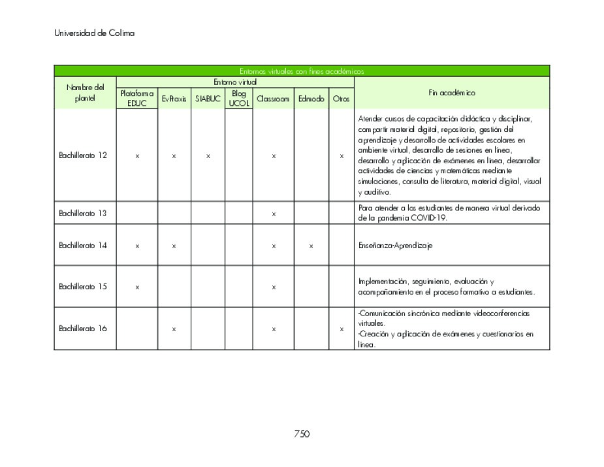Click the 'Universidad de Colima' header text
click(x=94, y=33)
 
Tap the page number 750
click(x=301, y=434)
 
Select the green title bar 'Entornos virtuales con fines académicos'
click(x=301, y=71)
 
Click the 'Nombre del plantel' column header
click(x=85, y=93)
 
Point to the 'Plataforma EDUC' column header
click(x=136, y=99)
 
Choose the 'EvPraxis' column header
click(x=174, y=99)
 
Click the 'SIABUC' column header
click(x=208, y=99)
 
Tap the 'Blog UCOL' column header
click(x=238, y=99)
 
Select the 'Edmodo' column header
click(x=311, y=99)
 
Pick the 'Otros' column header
click(x=341, y=99)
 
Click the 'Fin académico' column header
click(x=451, y=93)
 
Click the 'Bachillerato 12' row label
click(x=83, y=155)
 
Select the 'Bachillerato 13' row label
click(x=83, y=213)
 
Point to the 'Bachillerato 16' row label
click(x=83, y=329)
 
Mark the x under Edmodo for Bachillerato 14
click(x=311, y=246)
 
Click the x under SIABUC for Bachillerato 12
click(x=208, y=156)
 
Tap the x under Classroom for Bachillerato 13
click(x=274, y=214)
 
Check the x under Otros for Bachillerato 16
click(x=341, y=329)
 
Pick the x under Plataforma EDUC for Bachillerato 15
click(x=136, y=287)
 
